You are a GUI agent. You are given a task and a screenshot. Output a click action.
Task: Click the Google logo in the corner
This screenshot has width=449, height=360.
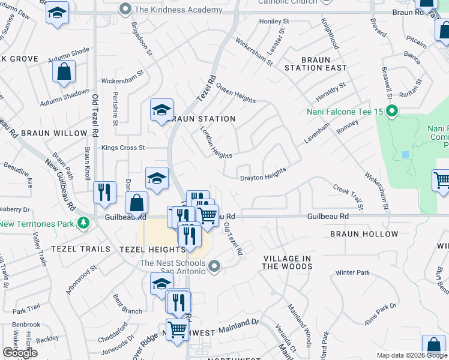pos(20,353)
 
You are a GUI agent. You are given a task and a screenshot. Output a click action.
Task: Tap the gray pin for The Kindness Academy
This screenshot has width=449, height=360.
pos(125,9)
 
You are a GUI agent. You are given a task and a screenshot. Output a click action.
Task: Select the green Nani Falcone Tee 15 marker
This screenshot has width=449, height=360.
pos(392,111)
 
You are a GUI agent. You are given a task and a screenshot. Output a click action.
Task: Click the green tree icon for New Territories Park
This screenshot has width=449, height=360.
pos(83,224)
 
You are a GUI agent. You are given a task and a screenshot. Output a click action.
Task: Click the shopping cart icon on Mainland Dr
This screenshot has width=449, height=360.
pos(177,329)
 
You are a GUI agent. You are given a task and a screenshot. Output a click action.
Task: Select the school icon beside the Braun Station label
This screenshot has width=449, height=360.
pos(161,110)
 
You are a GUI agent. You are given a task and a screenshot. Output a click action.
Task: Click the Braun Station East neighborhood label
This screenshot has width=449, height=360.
pos(316,64)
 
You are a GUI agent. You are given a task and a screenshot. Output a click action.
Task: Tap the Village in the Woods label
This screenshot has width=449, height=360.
pos(287,262)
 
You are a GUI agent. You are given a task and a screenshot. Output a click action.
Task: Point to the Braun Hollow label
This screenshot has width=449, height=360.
pos(364,234)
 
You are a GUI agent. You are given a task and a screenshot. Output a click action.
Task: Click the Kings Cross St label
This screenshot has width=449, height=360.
pos(123,148)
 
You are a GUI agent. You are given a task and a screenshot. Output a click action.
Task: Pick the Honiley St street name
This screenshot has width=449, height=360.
pos(274,21)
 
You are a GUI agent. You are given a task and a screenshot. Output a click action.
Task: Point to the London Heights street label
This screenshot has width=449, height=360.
pos(215,143)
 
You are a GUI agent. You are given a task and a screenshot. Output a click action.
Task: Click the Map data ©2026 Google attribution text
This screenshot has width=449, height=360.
pos(411,355)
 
